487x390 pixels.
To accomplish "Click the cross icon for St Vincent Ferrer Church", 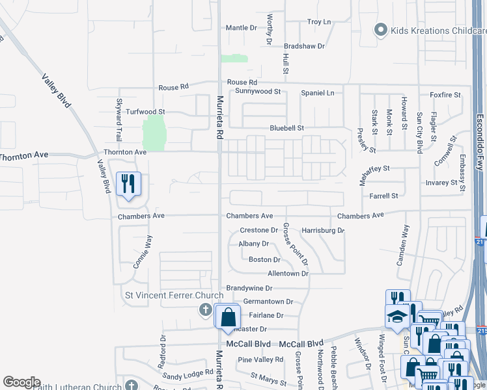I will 205,309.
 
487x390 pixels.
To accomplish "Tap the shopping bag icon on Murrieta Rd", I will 228,318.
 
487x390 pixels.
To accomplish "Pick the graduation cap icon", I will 396,317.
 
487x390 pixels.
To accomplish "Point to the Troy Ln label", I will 319,22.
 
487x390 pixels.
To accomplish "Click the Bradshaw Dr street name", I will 304,46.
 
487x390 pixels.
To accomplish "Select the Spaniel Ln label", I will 317,93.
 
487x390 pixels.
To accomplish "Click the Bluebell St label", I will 287,129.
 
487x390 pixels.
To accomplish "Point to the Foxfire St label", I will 445,95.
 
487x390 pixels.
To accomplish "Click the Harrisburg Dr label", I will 323,231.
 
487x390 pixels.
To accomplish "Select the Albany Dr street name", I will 253,244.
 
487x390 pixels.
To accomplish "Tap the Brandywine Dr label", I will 249,288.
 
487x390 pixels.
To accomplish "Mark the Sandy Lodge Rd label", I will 188,374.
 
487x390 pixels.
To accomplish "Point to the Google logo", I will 21,382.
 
